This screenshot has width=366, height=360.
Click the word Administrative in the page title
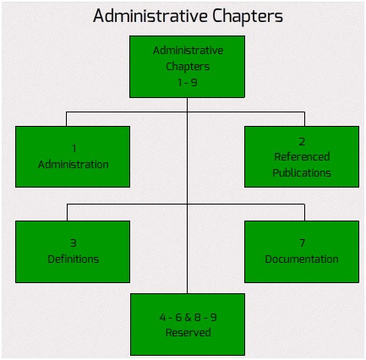pyautogui.click(x=150, y=16)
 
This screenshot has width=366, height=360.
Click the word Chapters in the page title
pyautogui.click(x=248, y=17)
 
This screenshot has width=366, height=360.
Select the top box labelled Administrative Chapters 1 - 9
pyautogui.click(x=187, y=67)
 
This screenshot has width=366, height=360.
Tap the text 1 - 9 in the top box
pyautogui.click(x=188, y=83)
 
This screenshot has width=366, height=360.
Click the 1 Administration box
pyautogui.click(x=73, y=156)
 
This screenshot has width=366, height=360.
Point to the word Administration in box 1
pyautogui.click(x=74, y=165)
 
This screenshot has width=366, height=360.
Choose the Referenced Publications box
pyautogui.click(x=302, y=156)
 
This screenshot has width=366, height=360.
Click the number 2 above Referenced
pyautogui.click(x=302, y=141)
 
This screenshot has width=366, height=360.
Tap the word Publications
pyautogui.click(x=302, y=172)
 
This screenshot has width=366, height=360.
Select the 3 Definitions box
pyautogui.click(x=73, y=252)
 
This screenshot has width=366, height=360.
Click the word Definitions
pyautogui.click(x=74, y=259)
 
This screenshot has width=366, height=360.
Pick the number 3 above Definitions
pyautogui.click(x=74, y=243)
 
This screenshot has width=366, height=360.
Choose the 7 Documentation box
pyautogui.click(x=302, y=252)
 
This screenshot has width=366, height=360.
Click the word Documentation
pyautogui.click(x=302, y=259)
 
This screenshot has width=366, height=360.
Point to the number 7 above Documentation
pyautogui.click(x=302, y=243)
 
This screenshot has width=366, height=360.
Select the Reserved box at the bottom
pyautogui.click(x=188, y=325)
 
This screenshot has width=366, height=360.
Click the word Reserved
pyautogui.click(x=188, y=333)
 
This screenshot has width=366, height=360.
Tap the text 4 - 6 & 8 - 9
pyautogui.click(x=188, y=318)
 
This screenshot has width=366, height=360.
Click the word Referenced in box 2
pyautogui.click(x=302, y=157)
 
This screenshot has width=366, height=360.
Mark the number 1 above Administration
pyautogui.click(x=74, y=149)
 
